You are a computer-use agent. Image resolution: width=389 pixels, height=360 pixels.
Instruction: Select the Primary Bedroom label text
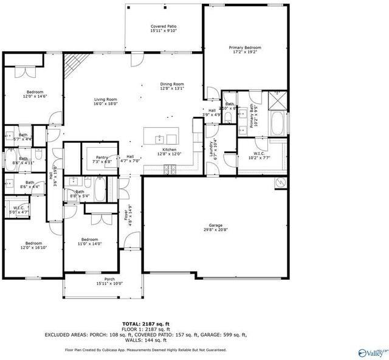245,50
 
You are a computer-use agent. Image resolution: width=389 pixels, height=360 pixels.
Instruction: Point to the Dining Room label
172,86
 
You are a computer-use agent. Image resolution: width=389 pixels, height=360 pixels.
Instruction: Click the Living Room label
105,102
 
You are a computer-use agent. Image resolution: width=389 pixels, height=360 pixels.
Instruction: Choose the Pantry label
101,160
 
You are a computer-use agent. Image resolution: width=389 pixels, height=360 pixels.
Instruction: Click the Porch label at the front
109,281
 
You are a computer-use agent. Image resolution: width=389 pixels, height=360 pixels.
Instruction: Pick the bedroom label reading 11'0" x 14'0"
90,241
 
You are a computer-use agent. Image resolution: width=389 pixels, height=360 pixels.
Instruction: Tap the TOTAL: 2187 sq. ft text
145,324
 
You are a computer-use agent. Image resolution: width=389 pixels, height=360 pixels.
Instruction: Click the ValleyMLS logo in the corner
371,352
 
